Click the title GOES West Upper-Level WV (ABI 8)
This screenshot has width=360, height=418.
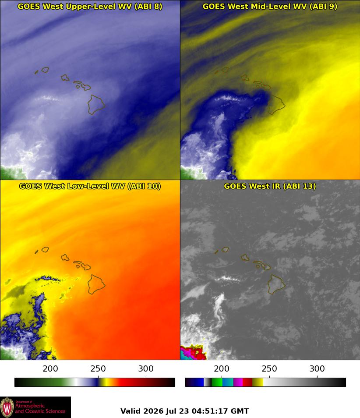point(90,6)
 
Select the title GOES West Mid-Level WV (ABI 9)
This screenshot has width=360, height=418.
point(270,6)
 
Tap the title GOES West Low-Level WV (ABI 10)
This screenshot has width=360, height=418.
point(90,186)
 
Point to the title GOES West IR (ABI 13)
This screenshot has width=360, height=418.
point(270,186)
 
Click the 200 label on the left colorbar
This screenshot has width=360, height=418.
point(50,368)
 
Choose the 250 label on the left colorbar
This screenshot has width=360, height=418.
point(98,368)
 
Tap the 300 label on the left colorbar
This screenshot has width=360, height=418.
point(146,368)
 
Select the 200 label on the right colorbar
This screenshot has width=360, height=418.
point(222,368)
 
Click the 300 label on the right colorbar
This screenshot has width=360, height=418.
point(317,368)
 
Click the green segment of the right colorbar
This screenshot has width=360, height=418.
point(217,382)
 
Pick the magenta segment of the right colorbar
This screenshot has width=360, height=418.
point(238,382)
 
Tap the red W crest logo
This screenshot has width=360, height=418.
point(7,407)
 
